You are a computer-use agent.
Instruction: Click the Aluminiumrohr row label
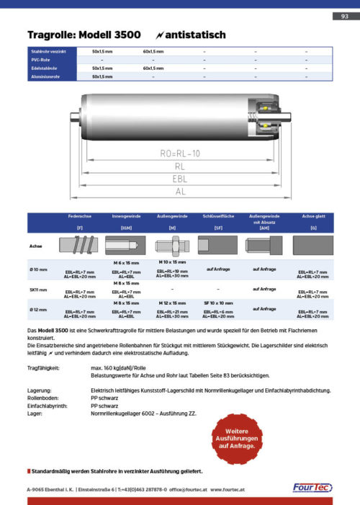(45, 76)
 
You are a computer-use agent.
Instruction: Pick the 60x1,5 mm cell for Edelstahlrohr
(154, 68)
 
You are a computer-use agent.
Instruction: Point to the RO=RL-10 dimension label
(179, 153)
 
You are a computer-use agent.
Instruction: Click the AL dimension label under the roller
(179, 192)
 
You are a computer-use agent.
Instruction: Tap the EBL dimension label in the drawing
(179, 179)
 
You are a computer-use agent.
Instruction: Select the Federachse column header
(78, 215)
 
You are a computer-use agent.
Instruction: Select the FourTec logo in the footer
(311, 488)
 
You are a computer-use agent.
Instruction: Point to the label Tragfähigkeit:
(43, 367)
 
